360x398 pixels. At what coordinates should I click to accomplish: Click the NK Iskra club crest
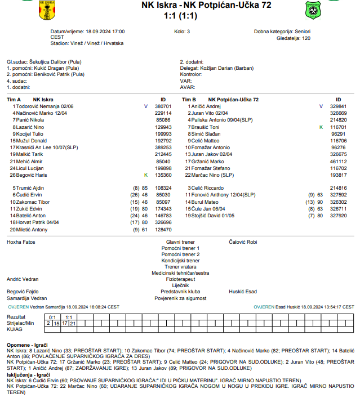pos(48,10)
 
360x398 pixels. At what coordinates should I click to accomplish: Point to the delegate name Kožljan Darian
pos(216,68)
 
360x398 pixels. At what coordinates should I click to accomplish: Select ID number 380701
pos(163,106)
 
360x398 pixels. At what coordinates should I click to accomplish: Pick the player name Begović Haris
pos(33,175)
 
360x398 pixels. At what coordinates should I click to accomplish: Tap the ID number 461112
pos(338,161)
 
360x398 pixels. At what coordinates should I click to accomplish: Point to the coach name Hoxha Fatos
pos(21,242)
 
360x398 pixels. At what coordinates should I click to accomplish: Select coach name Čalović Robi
pos(243,242)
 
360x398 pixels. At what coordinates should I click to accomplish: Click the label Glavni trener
pos(180,242)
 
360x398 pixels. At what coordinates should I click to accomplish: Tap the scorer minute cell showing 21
pos(73,323)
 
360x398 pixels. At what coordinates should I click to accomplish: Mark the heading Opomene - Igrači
pos(27,343)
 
